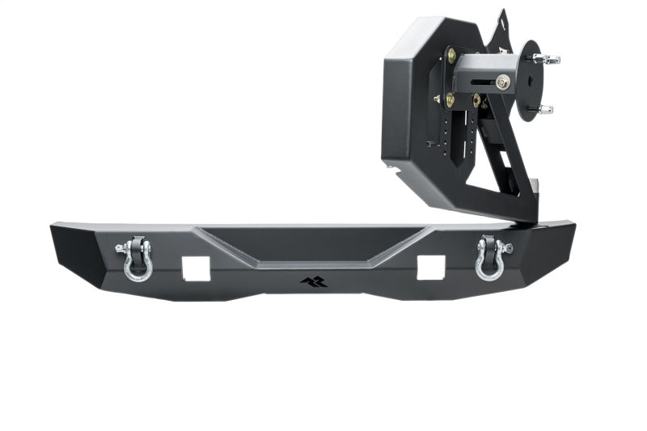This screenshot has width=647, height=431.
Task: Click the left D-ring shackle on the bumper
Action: [136, 259]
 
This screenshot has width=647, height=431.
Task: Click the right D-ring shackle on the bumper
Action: [492, 257]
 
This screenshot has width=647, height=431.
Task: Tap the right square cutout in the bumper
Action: [429, 267]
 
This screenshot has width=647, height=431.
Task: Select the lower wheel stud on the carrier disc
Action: [545, 109]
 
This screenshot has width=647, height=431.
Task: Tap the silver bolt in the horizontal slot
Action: [503, 82]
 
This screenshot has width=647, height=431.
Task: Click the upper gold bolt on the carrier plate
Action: [451, 55]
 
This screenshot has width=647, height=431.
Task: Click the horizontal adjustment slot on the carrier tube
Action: [480, 82]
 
